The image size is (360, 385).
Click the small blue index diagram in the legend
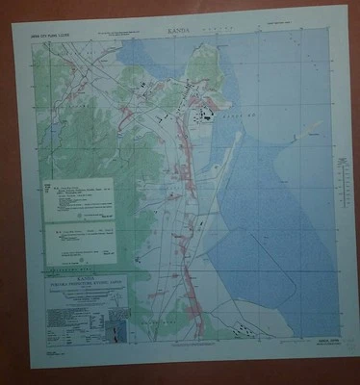pos(116,329)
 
